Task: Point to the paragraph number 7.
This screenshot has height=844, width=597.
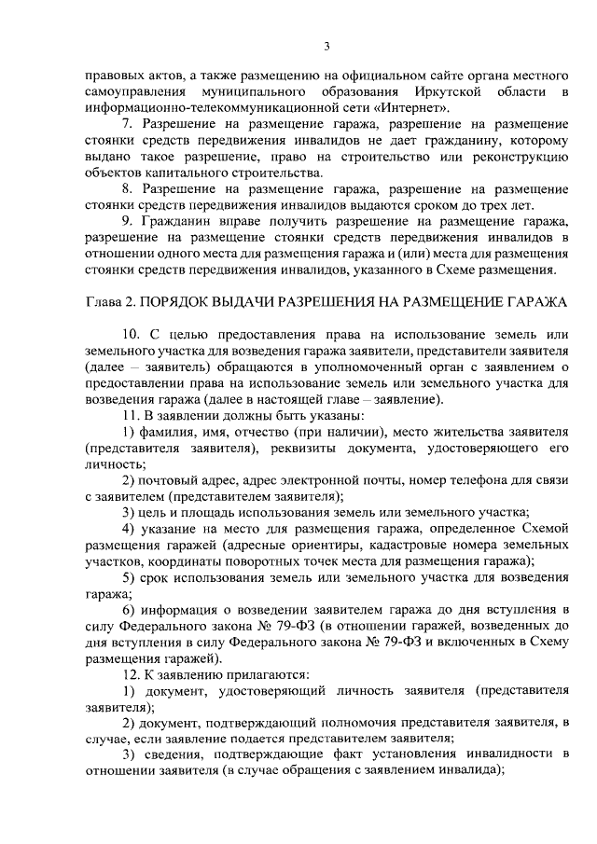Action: (129, 124)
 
